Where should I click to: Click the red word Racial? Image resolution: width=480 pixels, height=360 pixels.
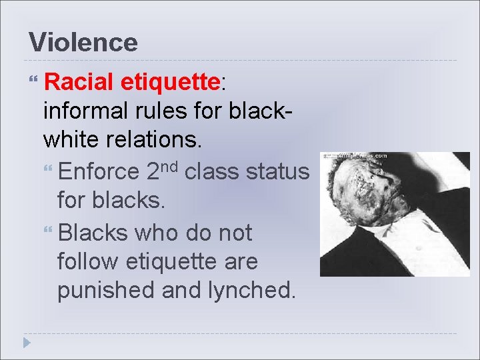80,82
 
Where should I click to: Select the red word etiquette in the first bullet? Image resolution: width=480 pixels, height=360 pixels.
171,82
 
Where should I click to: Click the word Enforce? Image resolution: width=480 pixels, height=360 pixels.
98,172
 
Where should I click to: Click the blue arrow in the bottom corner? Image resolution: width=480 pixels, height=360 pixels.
26,343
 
